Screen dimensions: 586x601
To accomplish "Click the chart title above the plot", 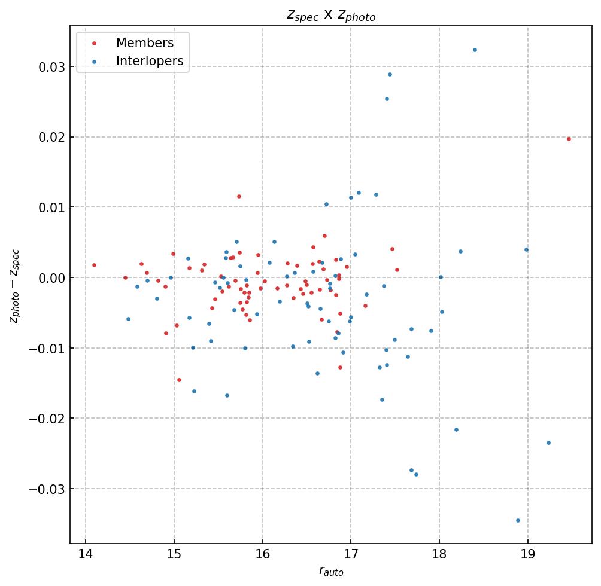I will point(330,16).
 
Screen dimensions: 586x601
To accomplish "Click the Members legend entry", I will point(144,43).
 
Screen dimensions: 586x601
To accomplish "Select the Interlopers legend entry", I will point(149,60).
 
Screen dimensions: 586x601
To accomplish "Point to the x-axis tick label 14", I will point(86,554).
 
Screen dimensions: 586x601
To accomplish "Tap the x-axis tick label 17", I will point(351,554).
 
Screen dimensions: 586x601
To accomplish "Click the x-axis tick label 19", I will point(527,554).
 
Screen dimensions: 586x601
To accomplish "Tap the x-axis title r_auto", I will point(330,572).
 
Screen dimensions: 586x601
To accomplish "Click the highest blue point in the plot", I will point(475,50).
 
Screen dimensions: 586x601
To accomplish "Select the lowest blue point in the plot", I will point(518,520).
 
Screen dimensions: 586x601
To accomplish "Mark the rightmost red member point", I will point(569,139).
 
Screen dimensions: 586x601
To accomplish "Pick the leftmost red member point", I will point(94,265).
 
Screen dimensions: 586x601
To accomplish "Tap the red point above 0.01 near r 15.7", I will point(239,196).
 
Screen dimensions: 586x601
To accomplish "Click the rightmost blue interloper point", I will point(548,442).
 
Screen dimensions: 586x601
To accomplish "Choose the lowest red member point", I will point(179,380).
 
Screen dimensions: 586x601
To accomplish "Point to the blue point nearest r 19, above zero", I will point(526,249).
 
